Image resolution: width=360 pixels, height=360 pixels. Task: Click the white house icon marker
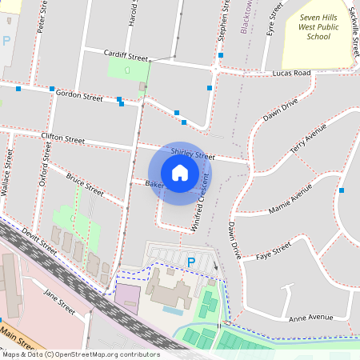[180, 173]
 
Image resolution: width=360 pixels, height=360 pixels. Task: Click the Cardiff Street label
[126, 56]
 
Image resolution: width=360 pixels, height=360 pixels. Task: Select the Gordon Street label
[80, 96]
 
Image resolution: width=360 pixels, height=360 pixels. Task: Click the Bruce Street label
[85, 185]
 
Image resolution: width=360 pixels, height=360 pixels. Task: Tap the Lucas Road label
[290, 73]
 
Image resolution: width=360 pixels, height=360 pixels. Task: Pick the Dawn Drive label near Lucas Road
[280, 110]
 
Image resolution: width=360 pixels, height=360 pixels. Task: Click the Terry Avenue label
[309, 139]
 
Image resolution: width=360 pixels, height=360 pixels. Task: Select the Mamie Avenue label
[290, 200]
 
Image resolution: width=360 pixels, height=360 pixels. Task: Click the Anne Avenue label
[311, 317]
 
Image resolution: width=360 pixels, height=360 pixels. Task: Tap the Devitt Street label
[40, 240]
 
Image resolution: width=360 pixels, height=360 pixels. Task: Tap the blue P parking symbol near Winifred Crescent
[190, 262]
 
